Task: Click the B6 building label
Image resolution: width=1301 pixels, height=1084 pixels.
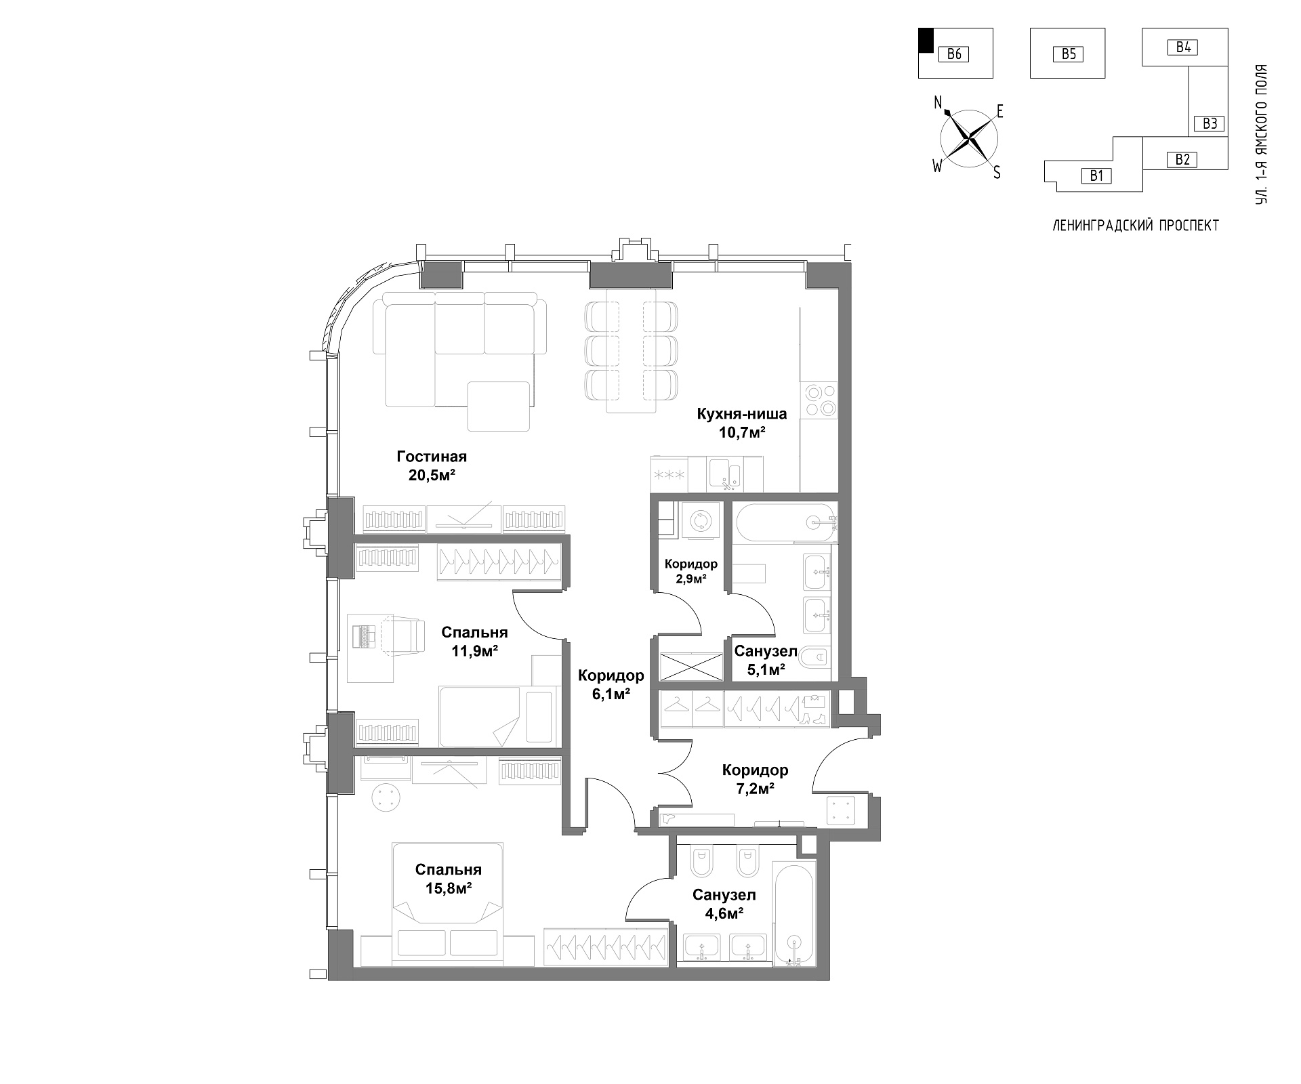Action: click(954, 54)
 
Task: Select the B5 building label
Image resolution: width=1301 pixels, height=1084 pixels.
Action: click(1068, 54)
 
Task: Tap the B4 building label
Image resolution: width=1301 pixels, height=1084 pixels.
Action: click(1183, 47)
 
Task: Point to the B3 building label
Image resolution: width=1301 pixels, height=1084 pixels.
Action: click(1210, 123)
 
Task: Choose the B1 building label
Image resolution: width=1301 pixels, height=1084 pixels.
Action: click(1096, 176)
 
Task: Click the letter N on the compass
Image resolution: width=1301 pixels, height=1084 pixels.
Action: click(938, 102)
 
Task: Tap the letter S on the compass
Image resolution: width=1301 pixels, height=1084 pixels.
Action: click(996, 173)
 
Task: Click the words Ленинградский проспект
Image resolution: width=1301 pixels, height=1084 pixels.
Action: click(1136, 226)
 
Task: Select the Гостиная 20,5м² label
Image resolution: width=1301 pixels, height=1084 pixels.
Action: click(432, 465)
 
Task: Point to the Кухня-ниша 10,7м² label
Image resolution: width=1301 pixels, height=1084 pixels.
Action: click(742, 423)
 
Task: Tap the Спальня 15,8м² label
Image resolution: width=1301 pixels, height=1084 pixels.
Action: click(449, 879)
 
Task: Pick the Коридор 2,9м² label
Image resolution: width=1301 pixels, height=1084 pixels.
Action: click(690, 571)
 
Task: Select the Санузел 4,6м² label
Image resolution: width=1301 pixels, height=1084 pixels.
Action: click(724, 904)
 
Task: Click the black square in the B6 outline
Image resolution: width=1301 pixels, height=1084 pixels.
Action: click(926, 40)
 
